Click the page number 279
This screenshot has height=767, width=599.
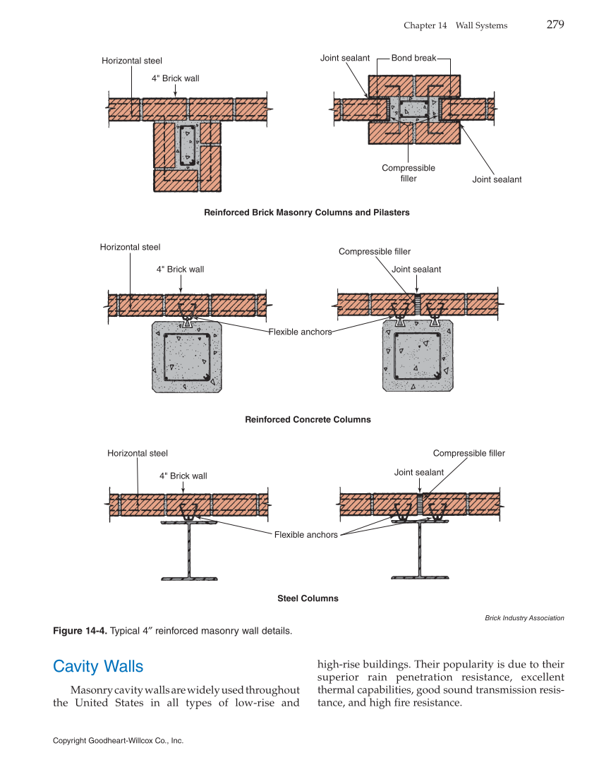click(x=555, y=25)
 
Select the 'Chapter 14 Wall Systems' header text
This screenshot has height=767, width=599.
click(x=455, y=25)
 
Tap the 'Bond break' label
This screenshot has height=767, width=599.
click(x=413, y=58)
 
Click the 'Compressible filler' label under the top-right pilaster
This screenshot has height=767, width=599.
click(x=409, y=173)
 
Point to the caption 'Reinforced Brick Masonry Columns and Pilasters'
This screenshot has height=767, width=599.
click(x=306, y=212)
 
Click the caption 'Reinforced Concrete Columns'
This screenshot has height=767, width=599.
click(x=308, y=419)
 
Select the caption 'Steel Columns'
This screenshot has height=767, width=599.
click(x=308, y=598)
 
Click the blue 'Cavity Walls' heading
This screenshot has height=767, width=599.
click(x=98, y=666)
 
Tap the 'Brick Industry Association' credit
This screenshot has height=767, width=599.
click(x=524, y=618)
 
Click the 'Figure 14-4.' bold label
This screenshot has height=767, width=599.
click(x=80, y=631)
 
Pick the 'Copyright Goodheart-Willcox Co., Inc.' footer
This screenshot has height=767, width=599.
click(x=118, y=741)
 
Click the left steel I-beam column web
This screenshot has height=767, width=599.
click(x=188, y=550)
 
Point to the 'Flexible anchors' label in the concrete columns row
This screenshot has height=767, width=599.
click(x=300, y=332)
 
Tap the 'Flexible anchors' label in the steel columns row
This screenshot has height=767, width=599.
click(x=306, y=535)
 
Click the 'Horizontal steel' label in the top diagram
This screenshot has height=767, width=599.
click(x=132, y=61)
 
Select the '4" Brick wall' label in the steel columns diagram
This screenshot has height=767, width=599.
click(x=183, y=476)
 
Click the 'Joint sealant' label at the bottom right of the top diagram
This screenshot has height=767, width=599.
click(x=497, y=180)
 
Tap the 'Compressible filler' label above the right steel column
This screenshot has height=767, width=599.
click(x=468, y=454)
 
